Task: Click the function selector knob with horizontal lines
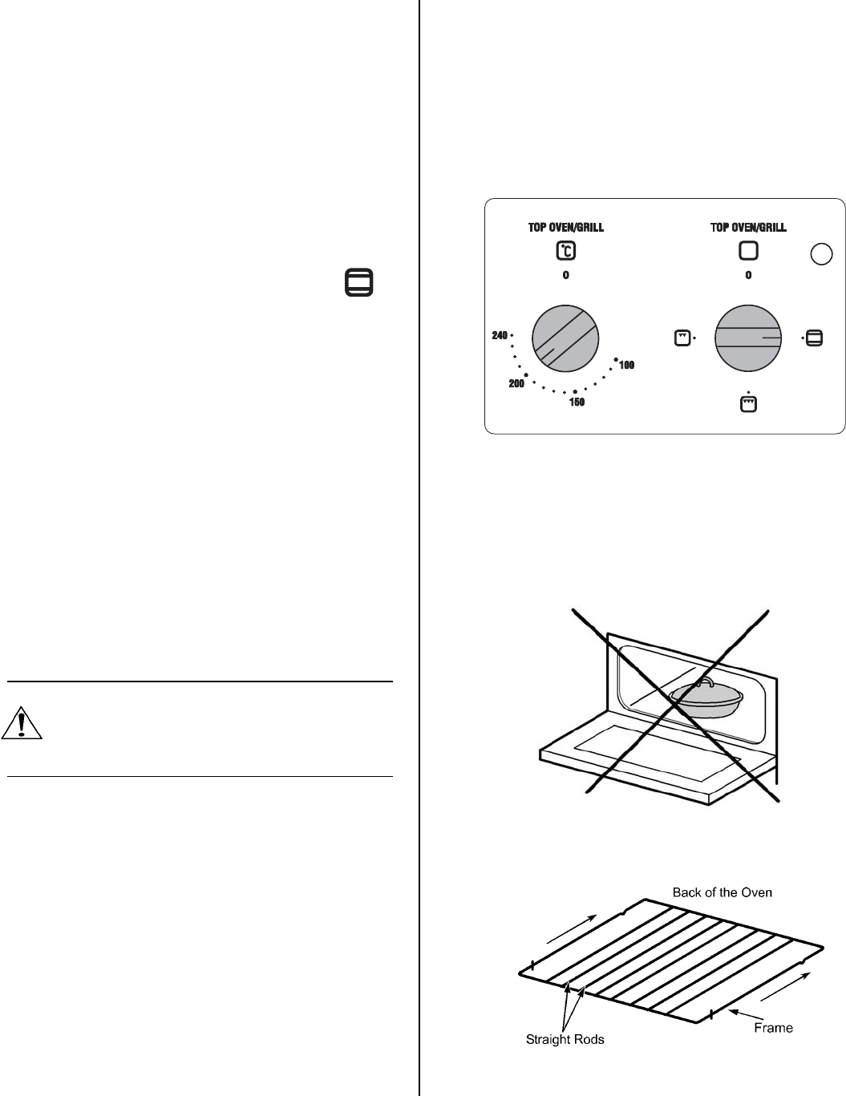[x=748, y=338]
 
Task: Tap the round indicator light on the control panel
[x=821, y=254]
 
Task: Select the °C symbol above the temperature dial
[x=566, y=251]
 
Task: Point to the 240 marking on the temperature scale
[x=499, y=335]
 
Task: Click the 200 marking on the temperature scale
[x=516, y=385]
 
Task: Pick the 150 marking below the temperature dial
[x=576, y=402]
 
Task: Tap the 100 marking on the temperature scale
[x=626, y=366]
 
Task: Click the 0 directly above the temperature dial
[x=566, y=276]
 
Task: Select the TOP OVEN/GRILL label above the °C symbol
[x=566, y=228]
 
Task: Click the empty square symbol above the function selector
[x=748, y=251]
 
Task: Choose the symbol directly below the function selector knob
[x=747, y=405]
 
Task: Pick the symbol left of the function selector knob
[x=682, y=338]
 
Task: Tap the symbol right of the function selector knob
[x=814, y=338]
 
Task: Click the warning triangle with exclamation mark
[x=22, y=724]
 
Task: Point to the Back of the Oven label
[x=722, y=892]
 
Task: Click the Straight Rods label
[x=565, y=1040]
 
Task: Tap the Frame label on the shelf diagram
[x=773, y=1027]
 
